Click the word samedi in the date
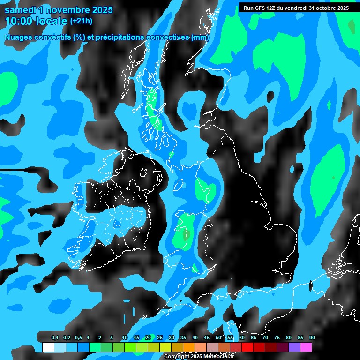(x=21, y=9)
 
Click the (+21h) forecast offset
(x=81, y=21)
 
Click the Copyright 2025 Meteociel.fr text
(x=199, y=357)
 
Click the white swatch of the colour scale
(x=48, y=347)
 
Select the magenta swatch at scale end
(x=306, y=347)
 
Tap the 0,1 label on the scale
(x=55, y=338)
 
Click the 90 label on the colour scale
(x=312, y=338)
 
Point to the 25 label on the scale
(x=159, y=338)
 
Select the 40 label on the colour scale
(x=195, y=338)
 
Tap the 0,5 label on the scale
(x=78, y=338)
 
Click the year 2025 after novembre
(x=99, y=9)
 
